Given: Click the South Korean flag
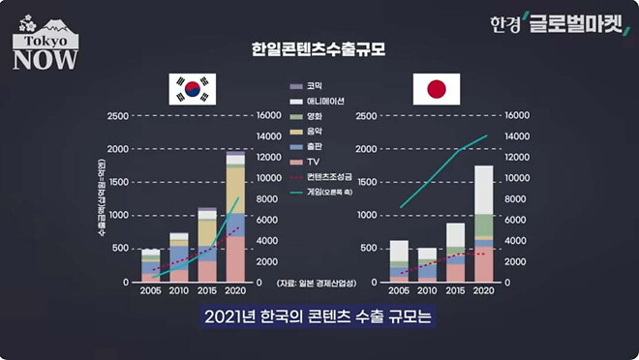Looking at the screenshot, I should (193, 89).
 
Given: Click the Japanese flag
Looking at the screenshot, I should (436, 89).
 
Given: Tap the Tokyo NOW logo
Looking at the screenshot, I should (40, 43).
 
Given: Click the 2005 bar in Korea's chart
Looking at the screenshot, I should (150, 265).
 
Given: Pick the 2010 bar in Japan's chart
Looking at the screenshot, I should (427, 264).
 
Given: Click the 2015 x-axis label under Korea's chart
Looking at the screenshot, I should (207, 290).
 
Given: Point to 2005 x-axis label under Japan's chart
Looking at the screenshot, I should (399, 290).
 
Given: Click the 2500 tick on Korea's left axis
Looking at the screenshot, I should (116, 116).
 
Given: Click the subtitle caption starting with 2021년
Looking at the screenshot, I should (319, 316).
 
